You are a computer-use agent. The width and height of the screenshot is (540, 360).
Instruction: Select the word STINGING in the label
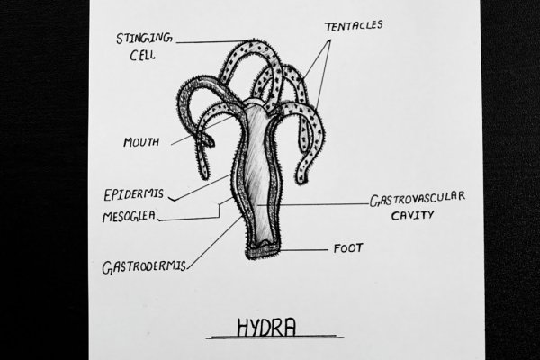(x=145, y=39)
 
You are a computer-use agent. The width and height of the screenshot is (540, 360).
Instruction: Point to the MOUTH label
(x=142, y=142)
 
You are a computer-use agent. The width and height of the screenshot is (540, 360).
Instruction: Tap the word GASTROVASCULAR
(x=417, y=199)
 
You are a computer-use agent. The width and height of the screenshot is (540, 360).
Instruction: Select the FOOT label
(x=348, y=248)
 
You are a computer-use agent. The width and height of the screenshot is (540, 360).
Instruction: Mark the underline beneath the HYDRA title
(x=274, y=337)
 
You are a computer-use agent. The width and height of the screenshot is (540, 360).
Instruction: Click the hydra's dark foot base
(x=263, y=254)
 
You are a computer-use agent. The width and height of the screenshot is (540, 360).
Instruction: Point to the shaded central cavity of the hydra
(x=261, y=180)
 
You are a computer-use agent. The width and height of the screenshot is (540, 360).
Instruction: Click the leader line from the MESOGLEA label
(x=193, y=219)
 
